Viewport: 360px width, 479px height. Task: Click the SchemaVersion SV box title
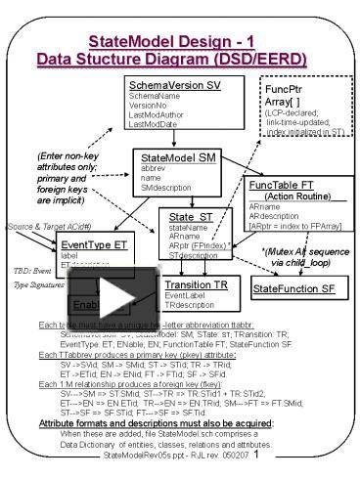pos(175,88)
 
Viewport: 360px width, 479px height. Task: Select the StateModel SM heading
pos(176,157)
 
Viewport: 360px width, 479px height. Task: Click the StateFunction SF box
pos(293,289)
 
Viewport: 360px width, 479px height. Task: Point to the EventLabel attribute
pos(187,295)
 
